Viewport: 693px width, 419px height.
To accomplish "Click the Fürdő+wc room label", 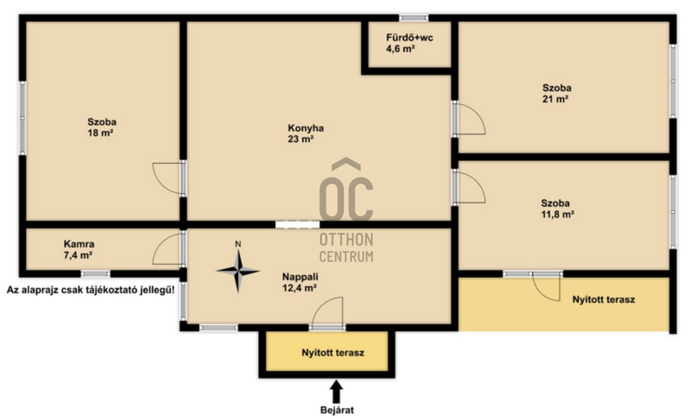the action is click(x=409, y=43).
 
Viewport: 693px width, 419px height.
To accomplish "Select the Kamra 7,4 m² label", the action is click(x=79, y=250).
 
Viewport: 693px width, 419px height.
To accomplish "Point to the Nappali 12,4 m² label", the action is click(x=300, y=283).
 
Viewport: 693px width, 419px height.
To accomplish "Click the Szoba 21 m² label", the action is click(x=556, y=93).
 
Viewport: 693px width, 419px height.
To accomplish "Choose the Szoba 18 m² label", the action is click(x=102, y=127).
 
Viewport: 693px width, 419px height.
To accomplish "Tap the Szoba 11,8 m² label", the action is click(x=558, y=209).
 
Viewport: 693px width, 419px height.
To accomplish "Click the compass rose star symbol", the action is click(x=238, y=271).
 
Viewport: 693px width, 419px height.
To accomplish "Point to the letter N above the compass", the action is click(x=238, y=244).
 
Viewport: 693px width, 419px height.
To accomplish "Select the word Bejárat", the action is click(x=337, y=410).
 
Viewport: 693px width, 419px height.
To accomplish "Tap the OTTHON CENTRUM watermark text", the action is click(x=346, y=248).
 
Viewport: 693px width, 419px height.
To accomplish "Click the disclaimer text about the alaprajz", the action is click(x=91, y=290).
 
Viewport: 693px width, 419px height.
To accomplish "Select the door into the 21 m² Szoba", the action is click(x=468, y=119).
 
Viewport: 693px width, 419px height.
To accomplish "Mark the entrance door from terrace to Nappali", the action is click(x=327, y=313).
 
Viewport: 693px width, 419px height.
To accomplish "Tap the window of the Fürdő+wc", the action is click(x=414, y=18).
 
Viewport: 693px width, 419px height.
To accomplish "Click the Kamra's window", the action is click(x=96, y=274).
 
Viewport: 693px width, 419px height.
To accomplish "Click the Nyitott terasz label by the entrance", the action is click(x=333, y=352).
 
